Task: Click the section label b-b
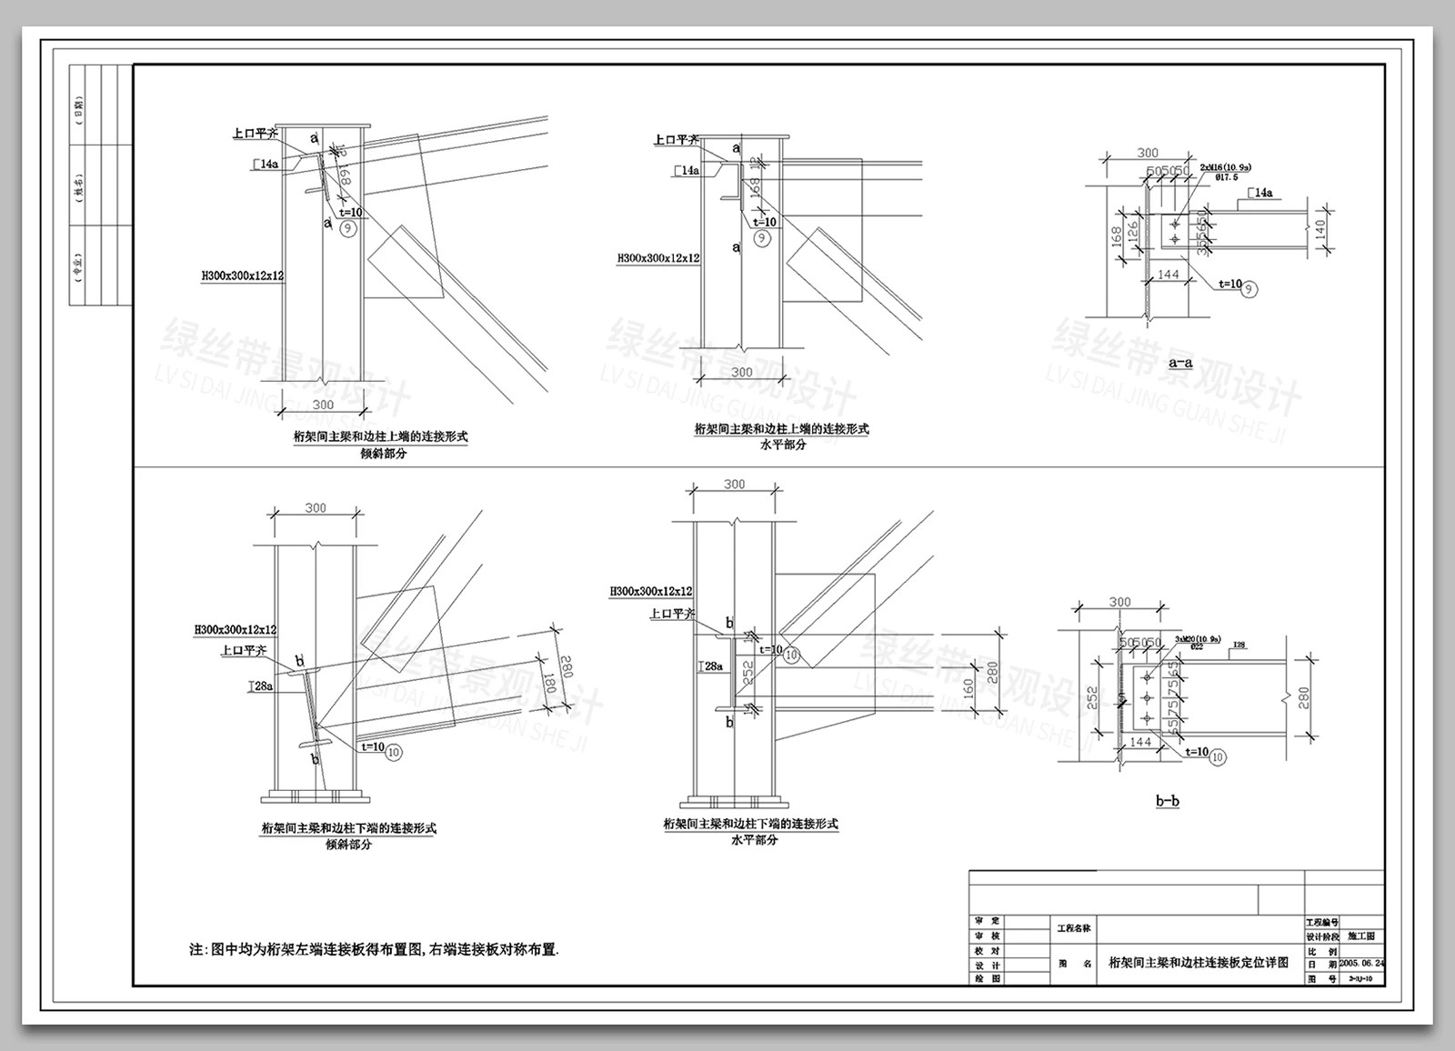click(x=1168, y=801)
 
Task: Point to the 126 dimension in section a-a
click(x=1132, y=232)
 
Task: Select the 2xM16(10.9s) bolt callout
click(x=1225, y=168)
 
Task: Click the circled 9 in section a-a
click(x=1251, y=289)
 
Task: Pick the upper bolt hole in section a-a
click(x=1174, y=222)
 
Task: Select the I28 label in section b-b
click(x=1238, y=646)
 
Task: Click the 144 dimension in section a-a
click(x=1169, y=275)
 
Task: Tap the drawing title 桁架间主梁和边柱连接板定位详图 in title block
click(x=1199, y=962)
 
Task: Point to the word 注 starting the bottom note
click(x=196, y=950)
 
